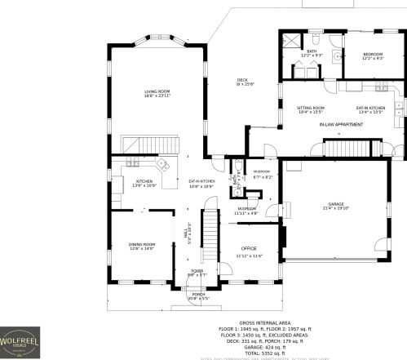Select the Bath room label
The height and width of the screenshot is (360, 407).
312,53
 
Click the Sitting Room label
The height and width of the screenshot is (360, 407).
311,109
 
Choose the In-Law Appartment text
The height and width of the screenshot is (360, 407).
340,124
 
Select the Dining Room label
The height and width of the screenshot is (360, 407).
141,246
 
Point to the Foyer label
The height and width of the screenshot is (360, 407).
197,272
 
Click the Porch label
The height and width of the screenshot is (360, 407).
198,296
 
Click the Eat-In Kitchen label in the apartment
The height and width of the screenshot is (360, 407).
370,109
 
